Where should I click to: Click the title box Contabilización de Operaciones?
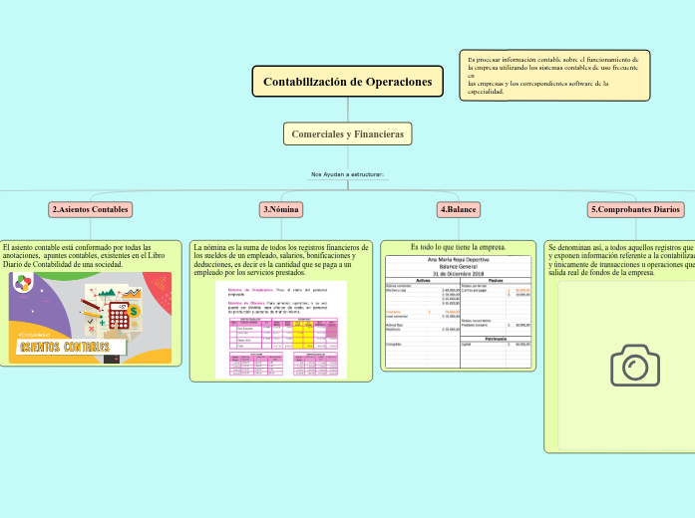[348, 82]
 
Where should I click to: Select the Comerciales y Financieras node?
[347, 133]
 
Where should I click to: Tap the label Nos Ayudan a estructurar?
[347, 174]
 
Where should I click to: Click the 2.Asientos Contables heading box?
[90, 209]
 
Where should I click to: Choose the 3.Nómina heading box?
[281, 209]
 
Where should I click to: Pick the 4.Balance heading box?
[458, 209]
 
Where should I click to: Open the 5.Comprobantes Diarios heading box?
[635, 209]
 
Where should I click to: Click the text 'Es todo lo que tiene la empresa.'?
[459, 246]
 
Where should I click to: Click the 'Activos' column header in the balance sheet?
[422, 280]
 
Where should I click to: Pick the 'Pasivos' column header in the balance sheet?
[496, 280]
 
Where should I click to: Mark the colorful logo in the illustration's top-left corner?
[23, 283]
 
